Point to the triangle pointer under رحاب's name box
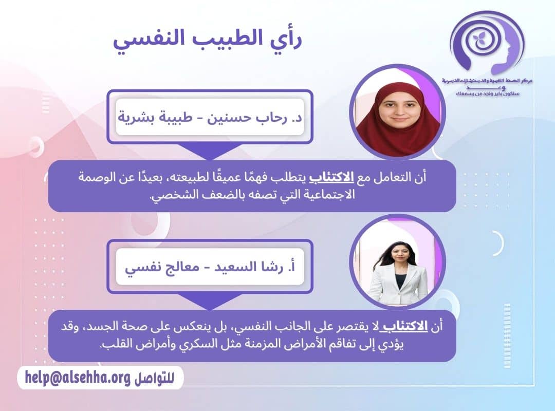(x=210, y=152)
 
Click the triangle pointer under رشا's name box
(x=210, y=303)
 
